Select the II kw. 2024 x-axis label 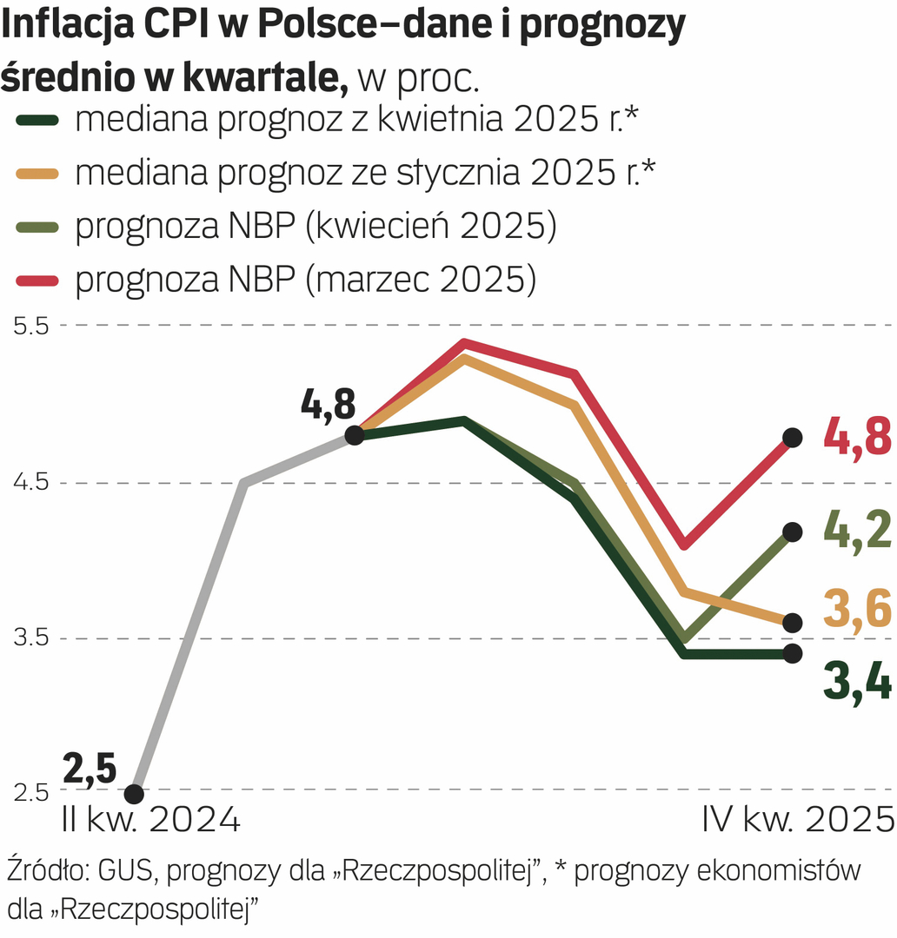(x=150, y=819)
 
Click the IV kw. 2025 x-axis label (x=798, y=819)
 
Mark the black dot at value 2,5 (x=134, y=794)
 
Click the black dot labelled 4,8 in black (x=355, y=435)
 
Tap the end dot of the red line (x=792, y=438)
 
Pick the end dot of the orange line (x=792, y=623)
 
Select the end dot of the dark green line (x=792, y=653)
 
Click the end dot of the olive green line (x=792, y=532)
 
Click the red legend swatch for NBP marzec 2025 (x=38, y=280)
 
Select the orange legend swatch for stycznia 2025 (x=38, y=174)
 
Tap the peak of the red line (x=465, y=343)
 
